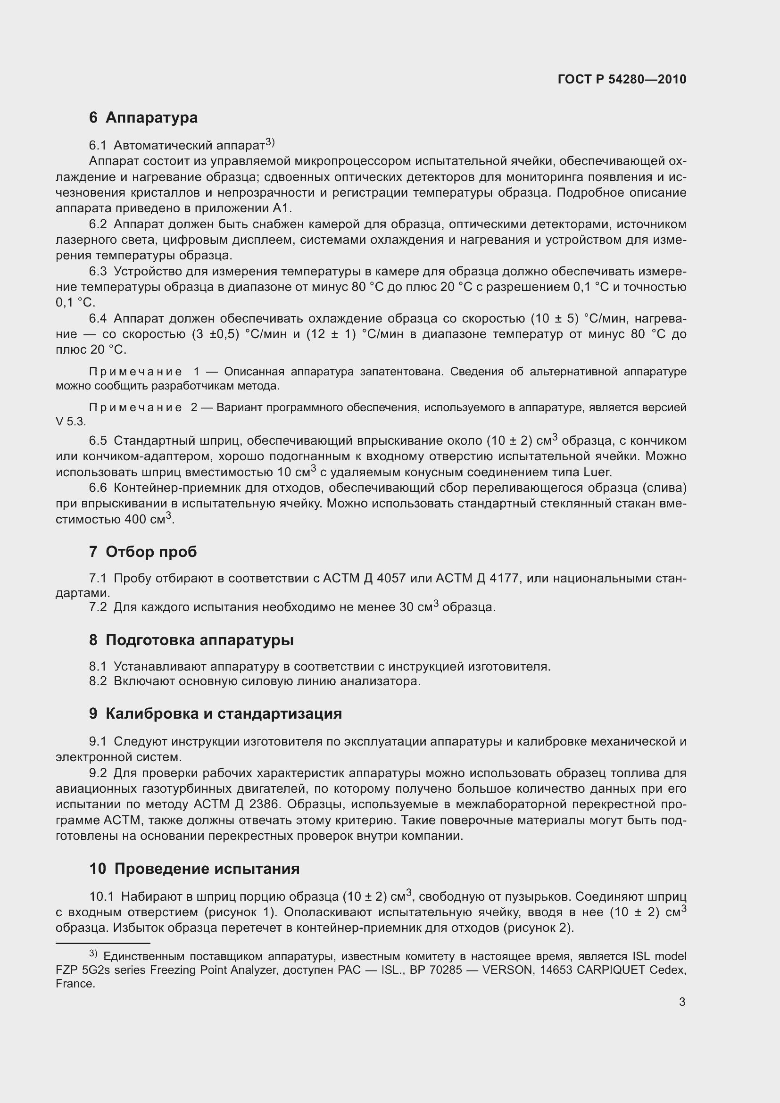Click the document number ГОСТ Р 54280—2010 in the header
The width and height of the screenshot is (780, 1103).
[x=622, y=79]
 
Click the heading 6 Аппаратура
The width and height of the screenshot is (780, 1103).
[x=143, y=117]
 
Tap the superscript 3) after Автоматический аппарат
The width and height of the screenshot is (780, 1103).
[x=269, y=142]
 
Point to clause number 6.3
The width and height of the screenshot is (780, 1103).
[x=98, y=272]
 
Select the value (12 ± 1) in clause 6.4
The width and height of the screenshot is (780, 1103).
[x=331, y=334]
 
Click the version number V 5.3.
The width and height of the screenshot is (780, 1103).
[x=70, y=422]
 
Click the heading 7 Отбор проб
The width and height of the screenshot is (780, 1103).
[x=143, y=552]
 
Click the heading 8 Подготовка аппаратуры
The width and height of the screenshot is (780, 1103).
[x=191, y=640]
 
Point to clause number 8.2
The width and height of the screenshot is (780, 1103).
[x=98, y=681]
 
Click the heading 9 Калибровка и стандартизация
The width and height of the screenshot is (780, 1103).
[x=215, y=713]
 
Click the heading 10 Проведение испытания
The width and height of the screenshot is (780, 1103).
[x=194, y=869]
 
